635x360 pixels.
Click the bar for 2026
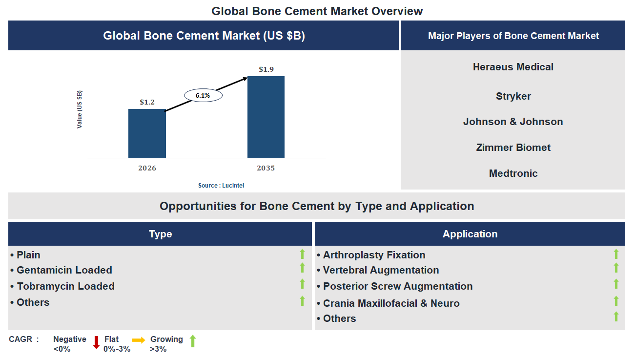point(147,133)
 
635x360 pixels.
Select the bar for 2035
point(266,117)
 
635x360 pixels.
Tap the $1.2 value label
point(147,102)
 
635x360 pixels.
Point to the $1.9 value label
point(266,69)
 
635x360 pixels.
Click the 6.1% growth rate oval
point(203,96)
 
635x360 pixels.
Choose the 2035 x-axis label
point(266,168)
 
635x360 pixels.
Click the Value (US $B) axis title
point(80,109)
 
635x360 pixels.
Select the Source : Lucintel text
point(221,186)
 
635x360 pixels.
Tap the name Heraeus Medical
point(513,67)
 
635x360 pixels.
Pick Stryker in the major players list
point(513,96)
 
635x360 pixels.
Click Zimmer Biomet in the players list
point(513,148)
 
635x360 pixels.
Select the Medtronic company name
point(513,173)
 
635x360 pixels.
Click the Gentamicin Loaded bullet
point(64,270)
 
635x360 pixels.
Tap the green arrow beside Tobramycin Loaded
point(302,284)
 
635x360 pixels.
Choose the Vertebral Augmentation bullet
point(381,270)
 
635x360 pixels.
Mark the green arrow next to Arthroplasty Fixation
point(616,254)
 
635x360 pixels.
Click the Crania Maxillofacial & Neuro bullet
point(391,303)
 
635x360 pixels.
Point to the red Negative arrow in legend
point(96,342)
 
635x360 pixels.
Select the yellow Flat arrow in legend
point(139,340)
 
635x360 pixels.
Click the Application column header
point(470,234)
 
